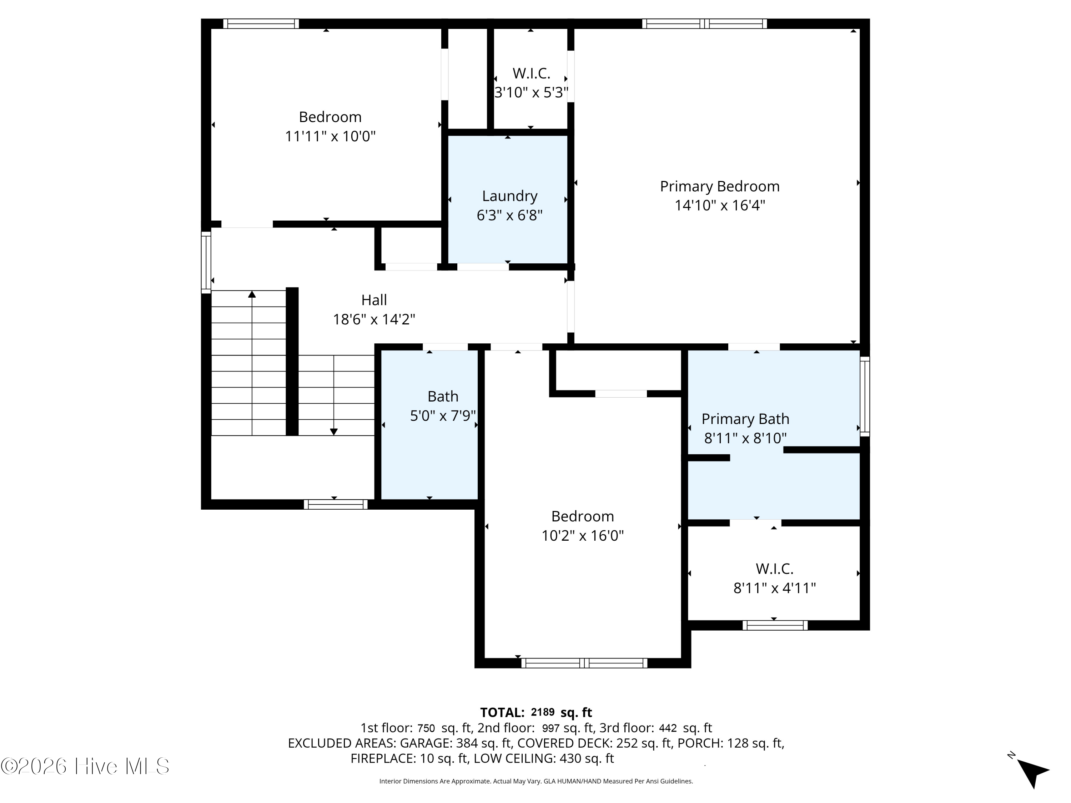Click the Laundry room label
point(509,196)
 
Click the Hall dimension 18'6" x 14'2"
point(374,319)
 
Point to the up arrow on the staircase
point(252,294)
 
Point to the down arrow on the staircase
point(333,431)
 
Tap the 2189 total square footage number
point(542,712)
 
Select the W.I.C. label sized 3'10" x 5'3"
point(531,74)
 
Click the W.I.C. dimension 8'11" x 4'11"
point(774,588)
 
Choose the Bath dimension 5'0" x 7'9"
point(443,416)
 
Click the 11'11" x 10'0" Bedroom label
point(330,117)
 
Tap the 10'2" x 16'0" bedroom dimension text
point(583,536)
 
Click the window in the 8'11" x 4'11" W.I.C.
point(775,625)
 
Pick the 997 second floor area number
point(551,728)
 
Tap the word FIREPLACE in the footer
point(382,758)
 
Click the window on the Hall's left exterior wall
point(206,262)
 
